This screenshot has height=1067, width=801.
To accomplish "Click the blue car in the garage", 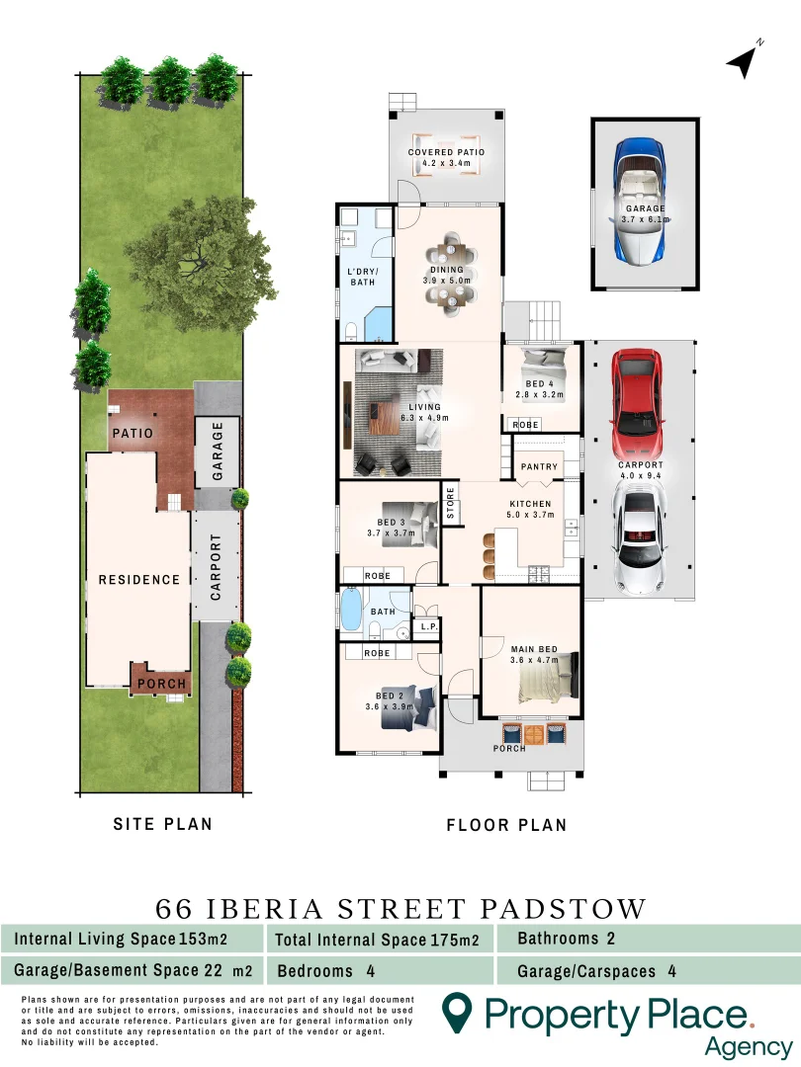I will coord(644,204).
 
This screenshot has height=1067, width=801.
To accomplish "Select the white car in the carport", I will coord(638,539).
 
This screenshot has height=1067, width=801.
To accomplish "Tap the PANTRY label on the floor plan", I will coord(540,466).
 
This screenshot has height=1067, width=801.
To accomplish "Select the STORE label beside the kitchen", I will coord(451,503).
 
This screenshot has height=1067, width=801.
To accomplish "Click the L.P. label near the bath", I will coord(428,626).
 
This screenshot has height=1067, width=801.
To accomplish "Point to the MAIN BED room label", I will coord(534,649).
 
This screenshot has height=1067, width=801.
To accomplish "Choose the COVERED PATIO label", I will coord(447,153).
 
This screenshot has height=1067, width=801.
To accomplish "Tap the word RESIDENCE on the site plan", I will coord(139,580).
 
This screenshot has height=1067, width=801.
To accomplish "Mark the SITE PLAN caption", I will coord(162,823).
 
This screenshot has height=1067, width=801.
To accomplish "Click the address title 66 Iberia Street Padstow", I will coord(400,908).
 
